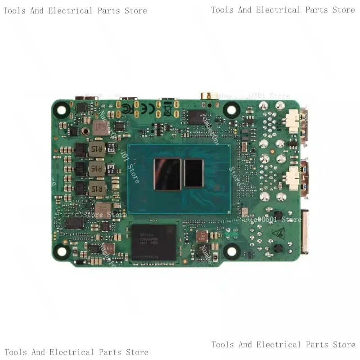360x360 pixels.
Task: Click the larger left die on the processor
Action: tap(167, 174)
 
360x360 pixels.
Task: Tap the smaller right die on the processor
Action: tap(194, 173)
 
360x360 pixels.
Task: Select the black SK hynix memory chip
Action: tap(153, 242)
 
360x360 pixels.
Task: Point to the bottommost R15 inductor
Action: tap(95, 189)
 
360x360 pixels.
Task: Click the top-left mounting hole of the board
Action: tap(63, 108)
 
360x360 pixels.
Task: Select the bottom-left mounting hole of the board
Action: tap(63, 251)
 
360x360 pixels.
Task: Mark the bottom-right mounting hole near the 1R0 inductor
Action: tap(232, 251)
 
